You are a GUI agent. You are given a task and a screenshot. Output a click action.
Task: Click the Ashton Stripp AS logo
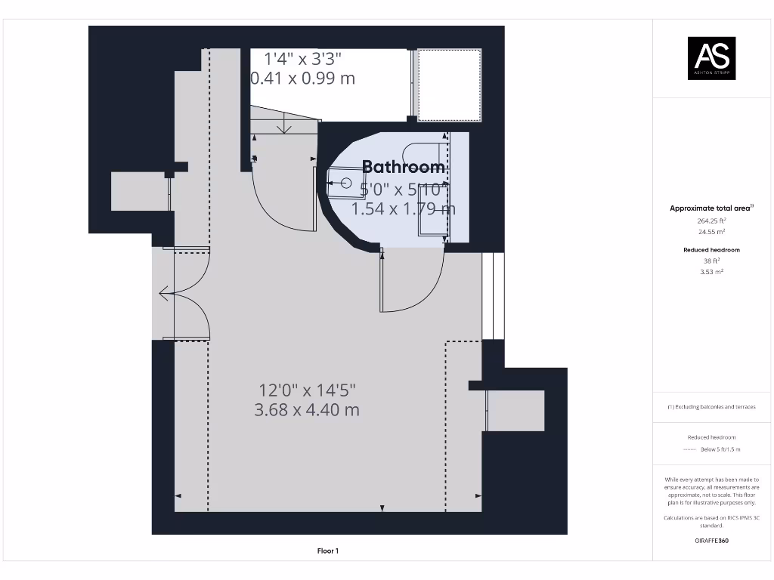click(711, 58)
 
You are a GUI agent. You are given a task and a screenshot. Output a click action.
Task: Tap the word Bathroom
click(404, 167)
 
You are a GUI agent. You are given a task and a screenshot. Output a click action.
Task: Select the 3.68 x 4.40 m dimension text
click(306, 410)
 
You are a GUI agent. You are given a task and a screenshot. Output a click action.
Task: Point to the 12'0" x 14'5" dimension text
click(306, 390)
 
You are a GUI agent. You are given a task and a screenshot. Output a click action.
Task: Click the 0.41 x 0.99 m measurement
click(302, 78)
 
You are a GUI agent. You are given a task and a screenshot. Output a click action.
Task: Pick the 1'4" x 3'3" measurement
click(302, 58)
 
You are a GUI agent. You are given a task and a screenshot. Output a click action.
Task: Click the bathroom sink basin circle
click(347, 182)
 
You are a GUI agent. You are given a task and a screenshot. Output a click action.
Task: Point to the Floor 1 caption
click(327, 551)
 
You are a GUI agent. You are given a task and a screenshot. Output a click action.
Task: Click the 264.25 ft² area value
click(711, 221)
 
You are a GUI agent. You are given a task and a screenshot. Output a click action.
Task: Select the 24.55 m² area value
click(711, 233)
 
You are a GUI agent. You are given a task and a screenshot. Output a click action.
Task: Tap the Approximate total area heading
click(711, 208)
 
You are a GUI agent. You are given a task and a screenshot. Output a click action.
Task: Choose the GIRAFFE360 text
click(711, 541)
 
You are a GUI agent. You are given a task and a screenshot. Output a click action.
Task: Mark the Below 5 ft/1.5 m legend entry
click(720, 449)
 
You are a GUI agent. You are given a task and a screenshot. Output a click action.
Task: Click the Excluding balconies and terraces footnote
click(711, 407)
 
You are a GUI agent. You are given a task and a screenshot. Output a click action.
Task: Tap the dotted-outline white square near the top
click(450, 85)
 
